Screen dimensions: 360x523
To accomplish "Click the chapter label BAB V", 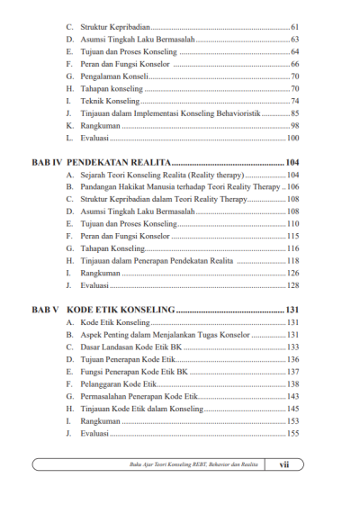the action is click(x=44, y=310).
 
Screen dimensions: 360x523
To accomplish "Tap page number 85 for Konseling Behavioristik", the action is click(x=294, y=113).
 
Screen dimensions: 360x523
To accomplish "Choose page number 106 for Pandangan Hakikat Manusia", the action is click(x=292, y=186).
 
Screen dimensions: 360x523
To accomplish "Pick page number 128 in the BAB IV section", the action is click(x=292, y=285).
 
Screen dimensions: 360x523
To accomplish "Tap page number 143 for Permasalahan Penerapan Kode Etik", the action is click(x=292, y=396).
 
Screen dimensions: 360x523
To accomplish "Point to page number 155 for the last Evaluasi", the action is click(x=292, y=433).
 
